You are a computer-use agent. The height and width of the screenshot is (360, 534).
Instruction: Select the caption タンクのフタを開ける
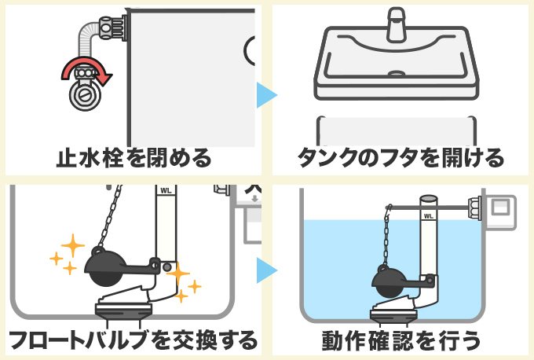click(x=400, y=158)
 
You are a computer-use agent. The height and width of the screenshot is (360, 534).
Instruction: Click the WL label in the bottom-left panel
click(x=166, y=190)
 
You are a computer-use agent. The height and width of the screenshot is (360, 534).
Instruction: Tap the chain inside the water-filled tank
click(x=388, y=236)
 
